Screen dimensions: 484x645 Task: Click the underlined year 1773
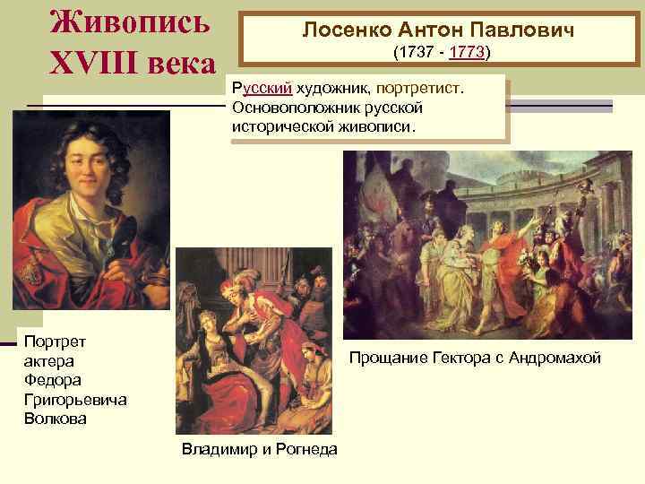coord(467,53)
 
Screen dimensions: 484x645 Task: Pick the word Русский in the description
coord(261,89)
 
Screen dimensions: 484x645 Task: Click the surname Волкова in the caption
coord(56,418)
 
